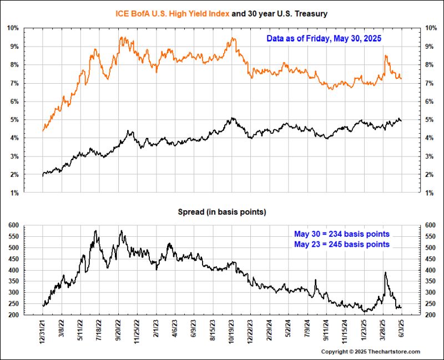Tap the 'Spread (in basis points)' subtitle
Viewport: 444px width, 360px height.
click(221, 212)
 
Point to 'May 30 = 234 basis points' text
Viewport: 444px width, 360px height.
click(341, 234)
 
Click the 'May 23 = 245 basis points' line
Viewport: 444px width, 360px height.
click(341, 244)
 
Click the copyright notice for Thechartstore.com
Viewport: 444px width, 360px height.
click(371, 352)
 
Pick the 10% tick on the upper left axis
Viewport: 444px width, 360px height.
click(13, 28)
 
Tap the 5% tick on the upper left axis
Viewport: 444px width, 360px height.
click(14, 119)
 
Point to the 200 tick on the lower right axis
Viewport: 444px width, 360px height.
click(431, 315)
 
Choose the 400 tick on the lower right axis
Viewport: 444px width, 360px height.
click(431, 270)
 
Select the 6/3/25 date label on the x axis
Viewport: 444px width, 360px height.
click(401, 331)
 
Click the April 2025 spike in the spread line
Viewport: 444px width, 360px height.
click(385, 273)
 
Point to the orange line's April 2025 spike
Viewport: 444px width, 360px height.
click(385, 56)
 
